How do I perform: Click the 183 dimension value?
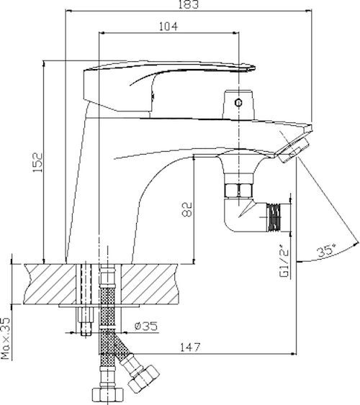(189, 4)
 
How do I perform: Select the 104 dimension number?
(168, 27)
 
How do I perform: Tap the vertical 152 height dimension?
(37, 163)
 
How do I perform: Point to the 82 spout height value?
(188, 209)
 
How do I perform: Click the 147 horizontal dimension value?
(190, 347)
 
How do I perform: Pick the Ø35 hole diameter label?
(146, 326)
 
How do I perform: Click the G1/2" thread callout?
(284, 263)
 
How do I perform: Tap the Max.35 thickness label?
(6, 338)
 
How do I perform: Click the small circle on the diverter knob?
(238, 103)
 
